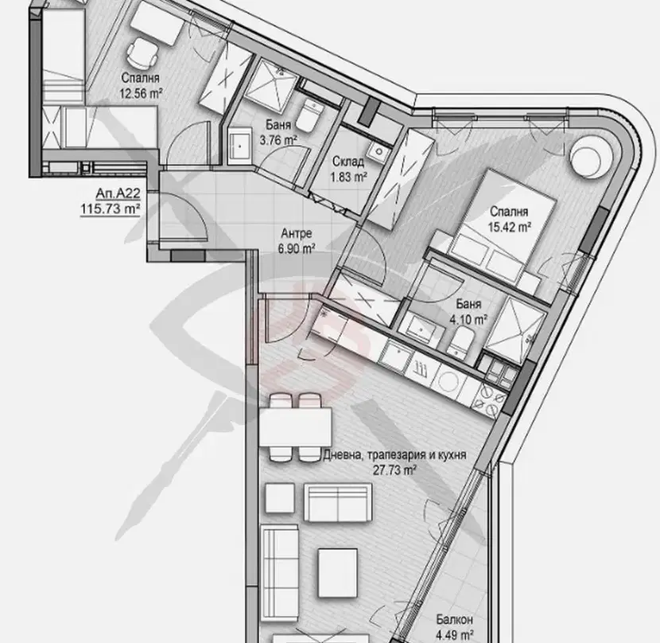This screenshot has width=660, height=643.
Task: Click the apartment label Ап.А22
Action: click(x=118, y=193)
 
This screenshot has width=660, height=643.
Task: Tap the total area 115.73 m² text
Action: click(x=111, y=208)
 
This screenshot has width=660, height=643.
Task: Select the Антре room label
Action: click(x=297, y=233)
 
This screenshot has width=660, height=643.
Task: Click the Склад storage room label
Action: click(x=348, y=162)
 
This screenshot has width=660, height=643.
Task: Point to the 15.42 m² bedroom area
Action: click(x=509, y=227)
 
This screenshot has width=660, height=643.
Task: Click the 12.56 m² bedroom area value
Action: click(x=141, y=93)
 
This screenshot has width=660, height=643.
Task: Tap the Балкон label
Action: click(x=454, y=619)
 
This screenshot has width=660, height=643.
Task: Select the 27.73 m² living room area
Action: click(x=395, y=470)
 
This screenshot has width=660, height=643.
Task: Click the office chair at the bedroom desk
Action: click(x=142, y=53)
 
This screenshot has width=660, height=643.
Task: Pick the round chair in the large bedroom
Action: click(x=585, y=156)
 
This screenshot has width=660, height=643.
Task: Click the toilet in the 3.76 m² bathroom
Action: click(x=309, y=114)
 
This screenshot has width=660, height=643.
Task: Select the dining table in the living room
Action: click(x=296, y=427)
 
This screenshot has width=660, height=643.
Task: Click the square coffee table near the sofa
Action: click(x=338, y=572)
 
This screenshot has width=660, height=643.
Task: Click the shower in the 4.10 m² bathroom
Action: click(x=514, y=329)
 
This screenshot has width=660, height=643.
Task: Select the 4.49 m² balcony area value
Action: click(x=455, y=634)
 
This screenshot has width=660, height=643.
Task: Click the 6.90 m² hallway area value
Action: click(x=297, y=248)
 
